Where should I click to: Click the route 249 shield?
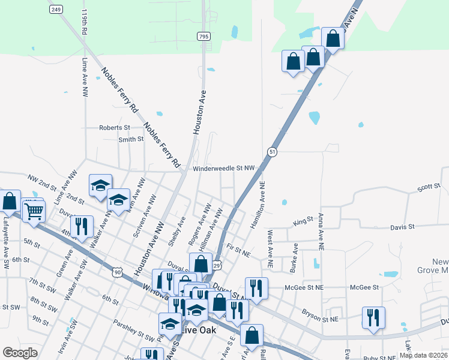[x=56, y=10]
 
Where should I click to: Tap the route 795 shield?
[x=204, y=37]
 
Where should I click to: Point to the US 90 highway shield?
[x=118, y=273]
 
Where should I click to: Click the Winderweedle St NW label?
[x=224, y=169]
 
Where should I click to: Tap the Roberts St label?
[x=114, y=128]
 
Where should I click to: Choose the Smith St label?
[x=131, y=139]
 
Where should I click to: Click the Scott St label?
[x=429, y=188]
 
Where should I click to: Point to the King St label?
[x=303, y=222]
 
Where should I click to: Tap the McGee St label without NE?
[x=364, y=287]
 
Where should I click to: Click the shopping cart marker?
[x=34, y=211]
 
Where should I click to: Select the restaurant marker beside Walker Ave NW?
[x=81, y=226]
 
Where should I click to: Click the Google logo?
[x=20, y=353]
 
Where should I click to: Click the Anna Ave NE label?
[x=321, y=231]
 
